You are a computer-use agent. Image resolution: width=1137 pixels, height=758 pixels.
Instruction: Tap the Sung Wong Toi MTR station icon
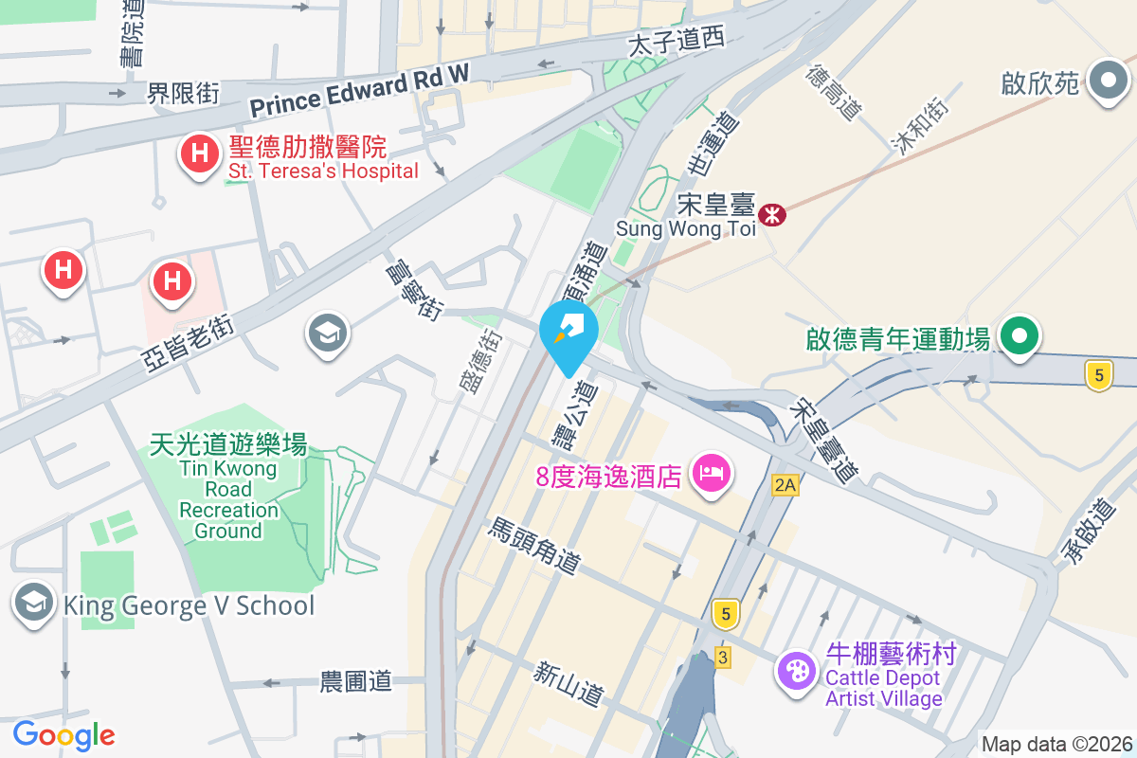click(x=773, y=215)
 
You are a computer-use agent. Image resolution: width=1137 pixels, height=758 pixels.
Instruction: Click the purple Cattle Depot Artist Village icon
click(x=797, y=671)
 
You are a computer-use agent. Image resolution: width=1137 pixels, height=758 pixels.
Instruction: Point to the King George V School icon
click(x=34, y=603)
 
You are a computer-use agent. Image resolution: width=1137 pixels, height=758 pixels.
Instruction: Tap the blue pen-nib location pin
click(x=568, y=333)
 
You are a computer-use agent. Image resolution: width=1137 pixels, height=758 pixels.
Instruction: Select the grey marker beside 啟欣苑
click(x=1107, y=82)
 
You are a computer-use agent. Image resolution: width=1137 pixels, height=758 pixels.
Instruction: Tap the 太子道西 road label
click(x=677, y=41)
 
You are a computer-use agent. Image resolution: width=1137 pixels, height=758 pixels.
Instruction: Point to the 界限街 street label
click(x=183, y=93)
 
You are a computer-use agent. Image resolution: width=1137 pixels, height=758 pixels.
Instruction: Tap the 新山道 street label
click(x=568, y=683)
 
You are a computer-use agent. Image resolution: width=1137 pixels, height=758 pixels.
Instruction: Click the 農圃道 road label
click(x=355, y=680)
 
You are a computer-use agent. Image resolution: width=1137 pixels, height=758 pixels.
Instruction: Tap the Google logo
click(x=63, y=734)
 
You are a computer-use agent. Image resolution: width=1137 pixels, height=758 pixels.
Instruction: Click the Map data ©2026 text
click(x=1056, y=744)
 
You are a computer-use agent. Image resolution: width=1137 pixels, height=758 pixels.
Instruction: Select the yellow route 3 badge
click(x=723, y=658)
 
